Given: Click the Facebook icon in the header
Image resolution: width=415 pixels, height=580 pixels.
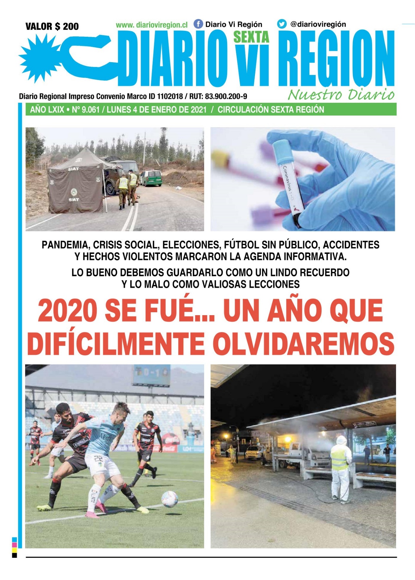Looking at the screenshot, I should [198, 24].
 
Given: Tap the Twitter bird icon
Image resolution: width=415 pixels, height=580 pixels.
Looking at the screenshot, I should [282, 24].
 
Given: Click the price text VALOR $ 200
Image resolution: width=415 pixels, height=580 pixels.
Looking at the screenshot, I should [52, 26].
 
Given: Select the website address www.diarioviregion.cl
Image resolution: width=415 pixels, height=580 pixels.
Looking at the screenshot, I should [152, 25].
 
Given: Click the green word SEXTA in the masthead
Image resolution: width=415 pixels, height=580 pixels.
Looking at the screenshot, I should [251, 37].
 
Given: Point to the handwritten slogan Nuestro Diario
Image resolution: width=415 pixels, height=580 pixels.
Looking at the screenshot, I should [341, 95].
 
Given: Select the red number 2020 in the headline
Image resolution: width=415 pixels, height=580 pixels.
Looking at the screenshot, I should [67, 310].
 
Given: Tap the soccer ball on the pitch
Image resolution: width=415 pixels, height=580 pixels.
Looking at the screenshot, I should [169, 499].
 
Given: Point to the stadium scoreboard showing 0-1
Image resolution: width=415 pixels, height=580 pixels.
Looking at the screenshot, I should [151, 375].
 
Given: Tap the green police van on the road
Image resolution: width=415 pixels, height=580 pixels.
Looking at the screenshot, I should [151, 178].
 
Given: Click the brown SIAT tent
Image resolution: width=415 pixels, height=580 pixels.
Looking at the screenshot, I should [75, 184].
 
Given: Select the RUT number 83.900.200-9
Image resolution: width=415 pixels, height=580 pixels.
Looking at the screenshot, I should [226, 96].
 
